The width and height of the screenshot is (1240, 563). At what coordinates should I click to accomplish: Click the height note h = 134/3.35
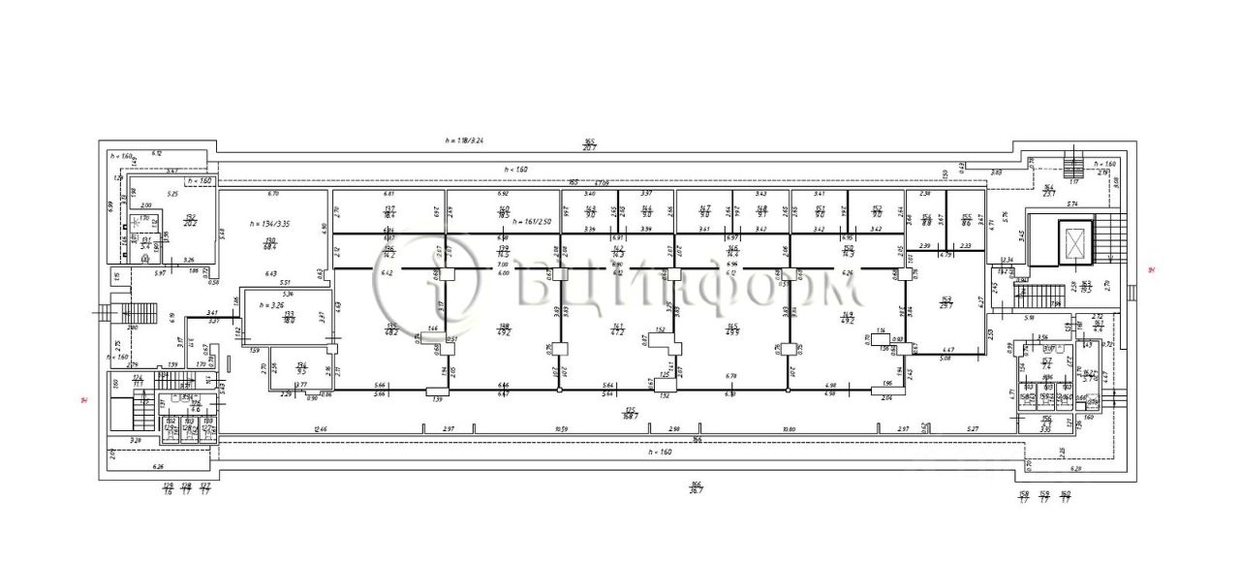point(269,224)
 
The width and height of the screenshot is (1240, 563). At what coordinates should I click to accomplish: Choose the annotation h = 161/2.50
point(534,222)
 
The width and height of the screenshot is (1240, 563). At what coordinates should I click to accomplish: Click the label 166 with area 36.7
point(695,487)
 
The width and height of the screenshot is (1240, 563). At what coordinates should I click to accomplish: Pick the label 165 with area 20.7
point(588,143)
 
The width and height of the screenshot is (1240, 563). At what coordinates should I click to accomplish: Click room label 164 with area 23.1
point(1048,190)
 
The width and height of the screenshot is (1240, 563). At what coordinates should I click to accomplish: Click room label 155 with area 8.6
point(965,220)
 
